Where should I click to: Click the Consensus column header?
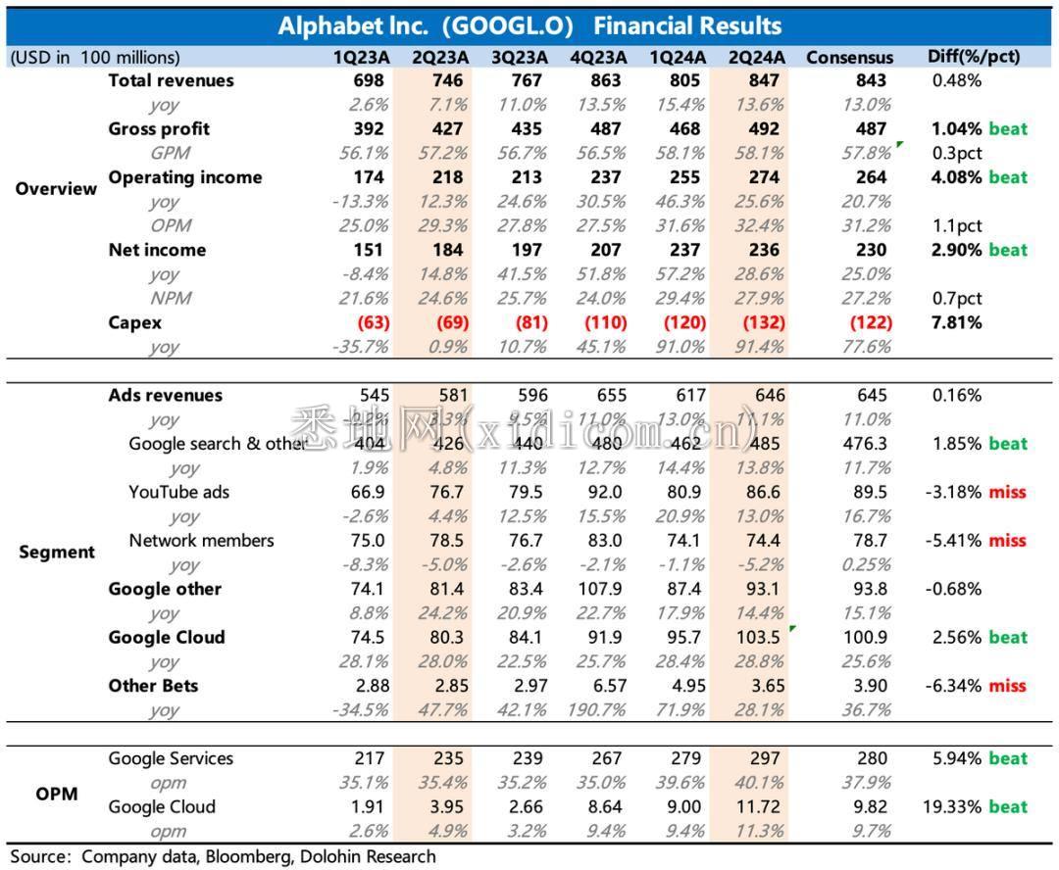click(849, 57)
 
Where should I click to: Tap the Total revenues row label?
click(171, 80)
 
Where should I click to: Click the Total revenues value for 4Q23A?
click(606, 80)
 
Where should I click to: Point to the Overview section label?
click(56, 189)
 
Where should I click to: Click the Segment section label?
click(56, 553)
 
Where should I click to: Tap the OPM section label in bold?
click(56, 795)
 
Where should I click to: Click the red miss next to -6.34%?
click(1007, 686)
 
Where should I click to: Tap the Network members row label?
click(201, 541)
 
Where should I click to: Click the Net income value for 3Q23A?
click(528, 250)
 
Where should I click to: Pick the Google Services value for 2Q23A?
click(449, 759)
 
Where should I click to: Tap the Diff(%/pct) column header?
click(973, 57)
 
